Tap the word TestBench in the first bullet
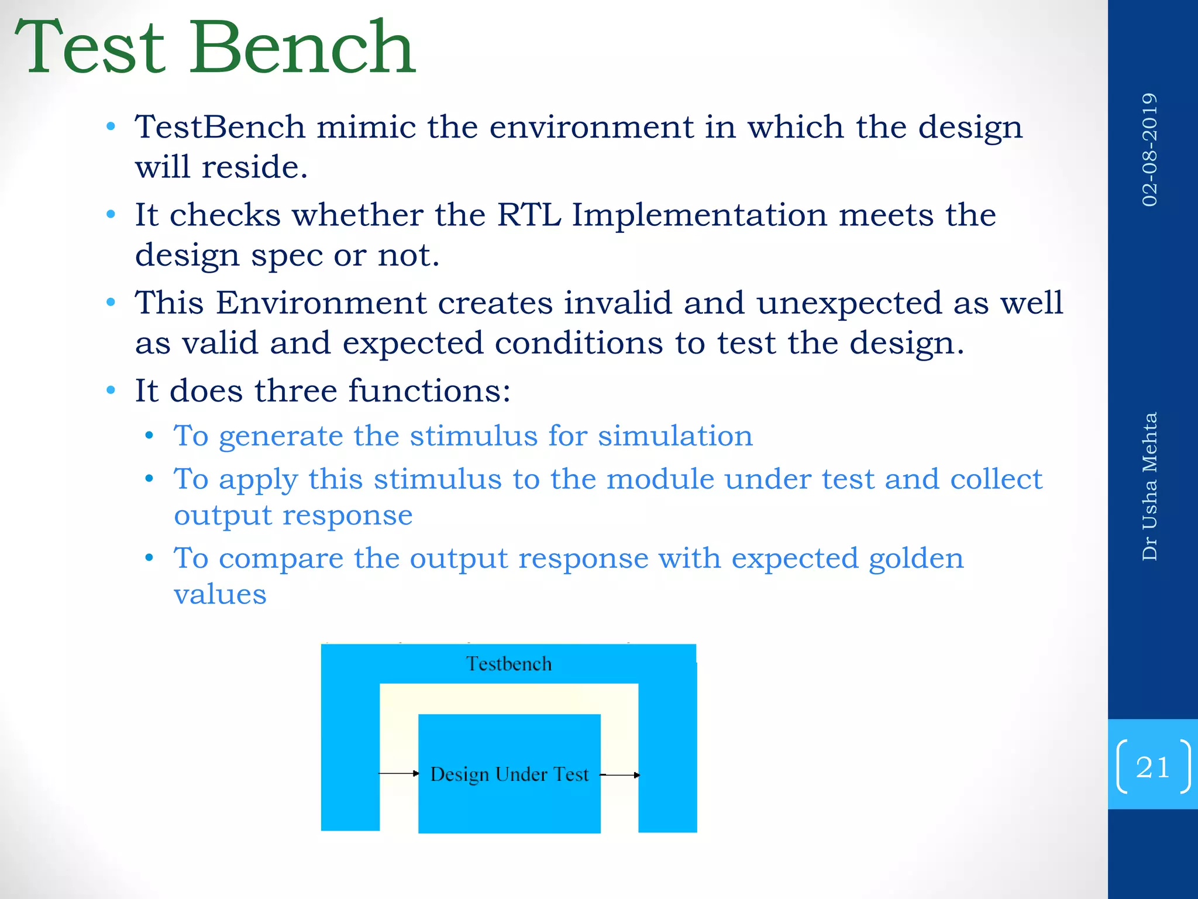220,127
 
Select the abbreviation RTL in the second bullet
529,215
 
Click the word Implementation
699,215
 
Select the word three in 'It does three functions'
295,390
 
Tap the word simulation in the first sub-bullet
675,436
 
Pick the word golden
916,559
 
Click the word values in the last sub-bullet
220,595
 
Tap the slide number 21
1152,767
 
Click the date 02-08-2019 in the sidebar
1149,149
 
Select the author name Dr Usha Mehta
1149,486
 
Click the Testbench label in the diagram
508,664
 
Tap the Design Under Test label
509,774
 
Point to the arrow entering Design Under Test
399,774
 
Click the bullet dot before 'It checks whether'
111,215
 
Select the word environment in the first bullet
591,127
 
